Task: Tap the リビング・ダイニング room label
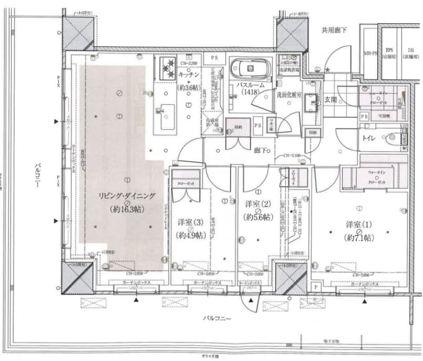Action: tap(127, 195)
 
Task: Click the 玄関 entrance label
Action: tap(330, 99)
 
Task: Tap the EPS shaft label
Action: tap(390, 49)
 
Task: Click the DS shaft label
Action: tap(411, 49)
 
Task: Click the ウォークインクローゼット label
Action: tap(377, 176)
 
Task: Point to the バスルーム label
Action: tap(251, 85)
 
